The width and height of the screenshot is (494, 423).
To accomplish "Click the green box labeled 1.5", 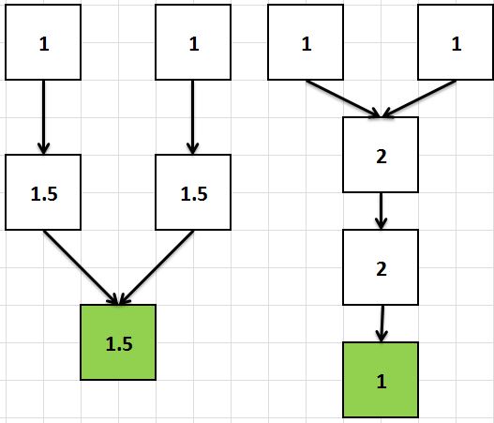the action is click(x=118, y=342).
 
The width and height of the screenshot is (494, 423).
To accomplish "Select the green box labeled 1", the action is click(x=381, y=380).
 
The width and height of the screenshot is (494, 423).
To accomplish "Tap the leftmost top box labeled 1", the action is click(x=43, y=42).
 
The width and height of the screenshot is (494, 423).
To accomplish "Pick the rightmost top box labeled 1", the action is click(x=456, y=42).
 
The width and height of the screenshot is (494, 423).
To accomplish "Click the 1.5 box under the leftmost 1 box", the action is click(x=43, y=192).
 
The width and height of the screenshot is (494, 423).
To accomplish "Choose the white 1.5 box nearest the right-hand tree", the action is click(x=193, y=192).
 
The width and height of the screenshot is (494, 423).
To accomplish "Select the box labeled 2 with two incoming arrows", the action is click(x=381, y=155).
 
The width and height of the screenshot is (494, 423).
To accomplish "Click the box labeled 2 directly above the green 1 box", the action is click(x=381, y=267).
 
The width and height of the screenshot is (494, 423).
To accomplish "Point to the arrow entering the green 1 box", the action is click(x=382, y=324).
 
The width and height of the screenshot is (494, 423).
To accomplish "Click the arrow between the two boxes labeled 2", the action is click(x=382, y=211).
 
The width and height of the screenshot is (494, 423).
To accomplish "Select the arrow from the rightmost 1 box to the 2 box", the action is click(x=418, y=99).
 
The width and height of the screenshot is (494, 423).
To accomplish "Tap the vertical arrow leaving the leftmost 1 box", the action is click(x=43, y=117).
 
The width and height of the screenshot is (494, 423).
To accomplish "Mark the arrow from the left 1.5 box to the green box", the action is click(x=81, y=267).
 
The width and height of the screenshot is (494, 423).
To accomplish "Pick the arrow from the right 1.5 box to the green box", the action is click(x=157, y=267).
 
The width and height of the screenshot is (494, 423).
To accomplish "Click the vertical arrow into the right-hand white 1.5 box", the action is click(x=192, y=117).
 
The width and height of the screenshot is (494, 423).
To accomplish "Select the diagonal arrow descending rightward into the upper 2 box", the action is click(x=343, y=99).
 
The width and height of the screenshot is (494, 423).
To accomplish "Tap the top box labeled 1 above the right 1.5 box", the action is click(x=193, y=42).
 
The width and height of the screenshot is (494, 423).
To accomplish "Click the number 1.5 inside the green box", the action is click(x=119, y=343).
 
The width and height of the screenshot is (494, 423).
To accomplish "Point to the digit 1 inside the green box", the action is click(x=382, y=381).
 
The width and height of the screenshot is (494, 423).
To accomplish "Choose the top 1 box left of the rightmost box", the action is click(x=306, y=42).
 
